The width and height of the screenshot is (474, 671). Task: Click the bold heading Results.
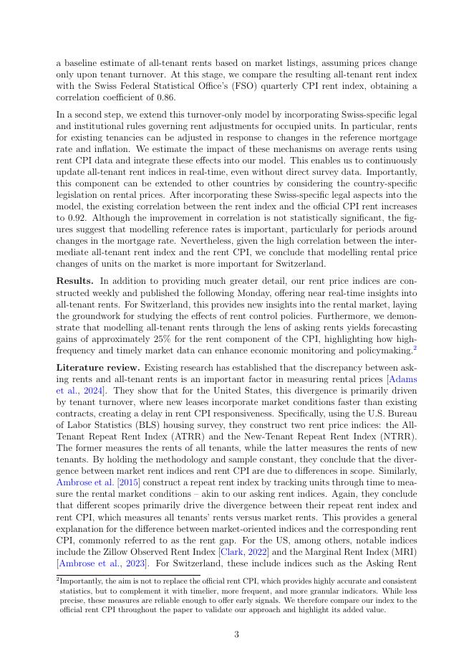75,280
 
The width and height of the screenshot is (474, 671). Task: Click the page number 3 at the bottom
236,634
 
